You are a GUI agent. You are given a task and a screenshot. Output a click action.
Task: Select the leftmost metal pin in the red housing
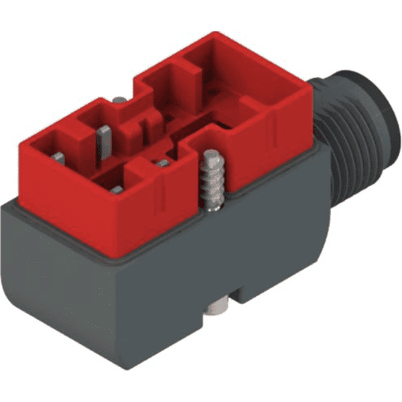[58, 158]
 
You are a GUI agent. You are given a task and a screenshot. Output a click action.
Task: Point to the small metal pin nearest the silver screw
[162, 163]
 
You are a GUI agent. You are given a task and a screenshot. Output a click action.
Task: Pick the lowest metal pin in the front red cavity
[117, 190]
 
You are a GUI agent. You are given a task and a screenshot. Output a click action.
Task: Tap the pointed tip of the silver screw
[210, 153]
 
